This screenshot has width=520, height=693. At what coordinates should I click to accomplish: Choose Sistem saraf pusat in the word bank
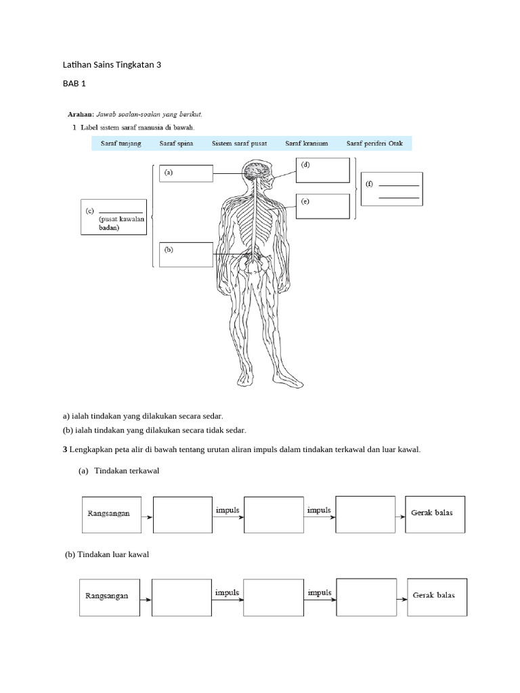click(x=239, y=143)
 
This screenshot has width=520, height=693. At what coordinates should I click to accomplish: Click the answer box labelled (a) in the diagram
click(x=186, y=173)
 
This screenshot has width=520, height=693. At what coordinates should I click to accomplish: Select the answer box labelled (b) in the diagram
click(x=186, y=254)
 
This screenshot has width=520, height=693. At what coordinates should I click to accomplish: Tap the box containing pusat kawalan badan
click(x=113, y=217)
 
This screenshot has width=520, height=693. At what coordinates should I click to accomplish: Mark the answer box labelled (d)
click(x=323, y=171)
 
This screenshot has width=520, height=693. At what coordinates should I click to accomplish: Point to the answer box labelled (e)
click(x=323, y=206)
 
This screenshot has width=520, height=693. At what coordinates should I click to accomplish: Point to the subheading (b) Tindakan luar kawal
click(x=106, y=554)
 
